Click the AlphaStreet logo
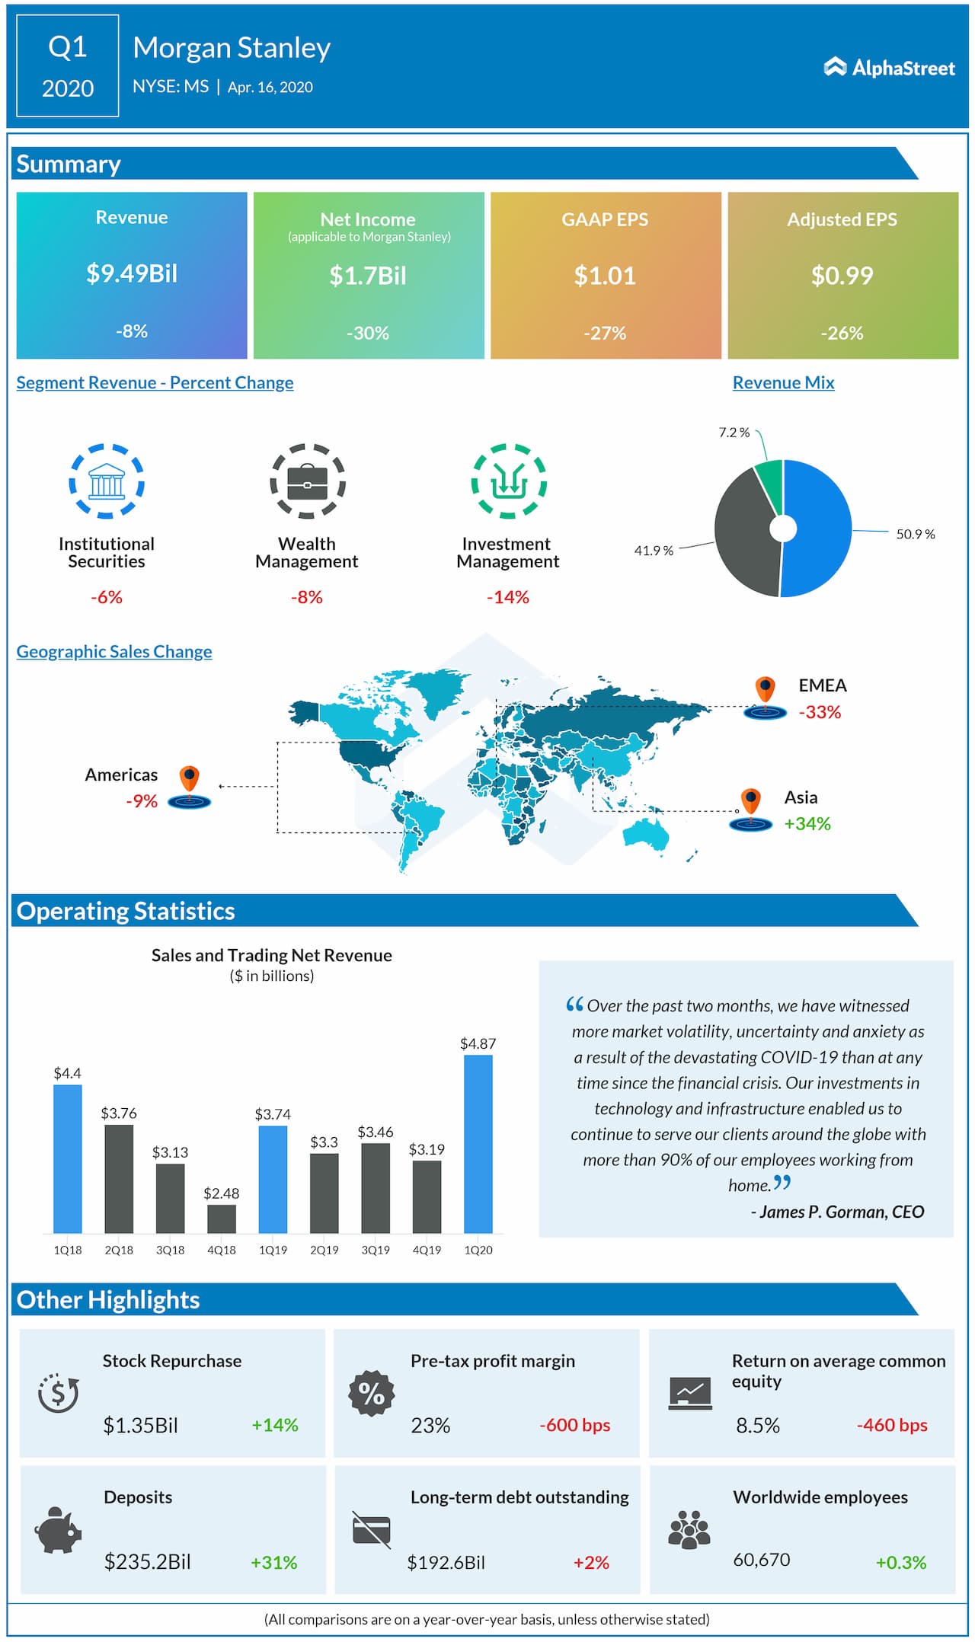[x=889, y=68]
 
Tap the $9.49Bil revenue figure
[x=132, y=273]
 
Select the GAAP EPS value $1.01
[x=605, y=275]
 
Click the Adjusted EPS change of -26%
[x=842, y=333]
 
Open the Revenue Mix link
[x=783, y=382]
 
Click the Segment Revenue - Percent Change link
[x=155, y=382]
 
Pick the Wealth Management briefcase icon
[x=308, y=481]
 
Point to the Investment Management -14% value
[x=507, y=597]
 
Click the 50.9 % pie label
[x=915, y=534]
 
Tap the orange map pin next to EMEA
[x=765, y=689]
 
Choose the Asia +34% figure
[x=807, y=823]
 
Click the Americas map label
[x=121, y=775]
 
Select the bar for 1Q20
[x=478, y=1143]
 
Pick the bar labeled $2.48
[x=222, y=1218]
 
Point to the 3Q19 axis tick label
[x=376, y=1250]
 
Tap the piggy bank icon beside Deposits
[x=58, y=1529]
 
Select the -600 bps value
[x=574, y=1424]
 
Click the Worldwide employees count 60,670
[x=761, y=1560]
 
